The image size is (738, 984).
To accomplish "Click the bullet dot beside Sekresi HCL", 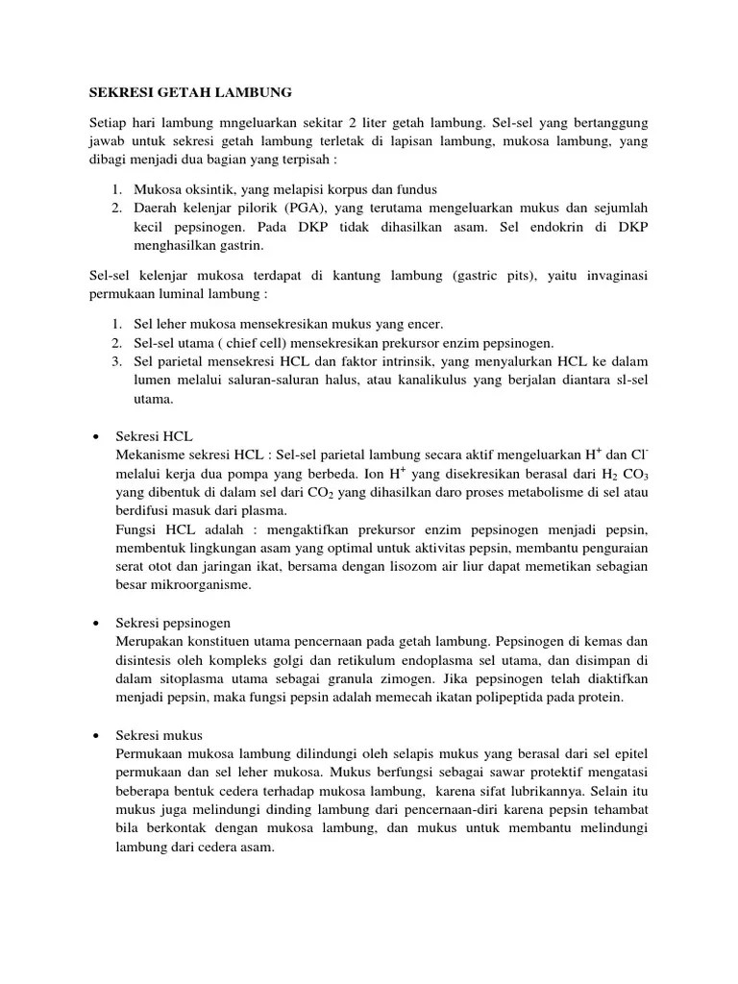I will click(96, 436).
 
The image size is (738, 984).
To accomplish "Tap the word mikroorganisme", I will click(200, 584).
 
